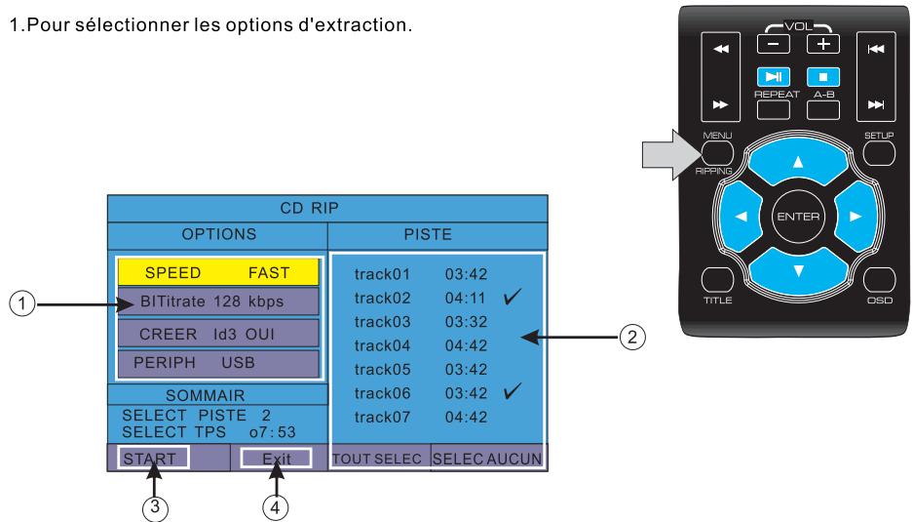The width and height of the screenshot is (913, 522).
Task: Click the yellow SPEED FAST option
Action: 218,272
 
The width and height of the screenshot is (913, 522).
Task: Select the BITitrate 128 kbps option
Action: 218,301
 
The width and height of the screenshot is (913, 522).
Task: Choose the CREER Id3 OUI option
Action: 218,334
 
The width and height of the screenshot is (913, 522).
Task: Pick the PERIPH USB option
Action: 218,363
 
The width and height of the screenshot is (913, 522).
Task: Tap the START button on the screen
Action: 153,459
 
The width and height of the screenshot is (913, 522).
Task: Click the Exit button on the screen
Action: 276,459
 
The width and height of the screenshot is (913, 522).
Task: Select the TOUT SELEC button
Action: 377,459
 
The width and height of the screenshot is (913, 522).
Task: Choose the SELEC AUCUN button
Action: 487,459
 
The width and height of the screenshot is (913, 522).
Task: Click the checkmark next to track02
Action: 512,297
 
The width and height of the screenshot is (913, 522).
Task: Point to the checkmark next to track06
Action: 512,391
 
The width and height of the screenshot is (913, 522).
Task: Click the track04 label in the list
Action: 382,345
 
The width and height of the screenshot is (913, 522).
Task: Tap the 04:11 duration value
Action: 465,298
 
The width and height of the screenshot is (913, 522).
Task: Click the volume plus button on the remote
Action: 822,44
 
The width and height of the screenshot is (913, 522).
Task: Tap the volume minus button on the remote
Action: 774,44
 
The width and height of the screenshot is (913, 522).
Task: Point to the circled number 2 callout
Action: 632,338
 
